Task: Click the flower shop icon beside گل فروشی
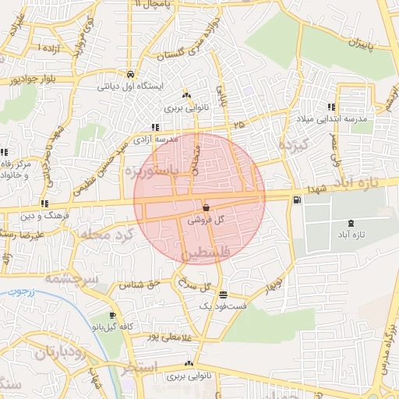205,208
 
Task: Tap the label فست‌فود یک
224,307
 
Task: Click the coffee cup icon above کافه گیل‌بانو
113,316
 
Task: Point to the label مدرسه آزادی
132,139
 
